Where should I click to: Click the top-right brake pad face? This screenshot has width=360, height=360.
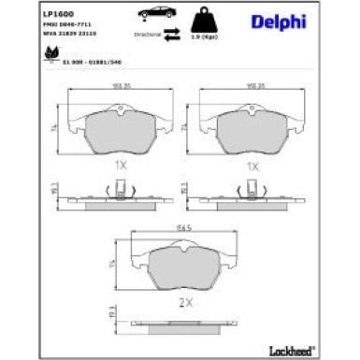(x=252, y=136)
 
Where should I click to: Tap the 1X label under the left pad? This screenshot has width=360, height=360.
(x=119, y=166)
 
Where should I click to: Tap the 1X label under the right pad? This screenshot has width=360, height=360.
(x=252, y=166)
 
